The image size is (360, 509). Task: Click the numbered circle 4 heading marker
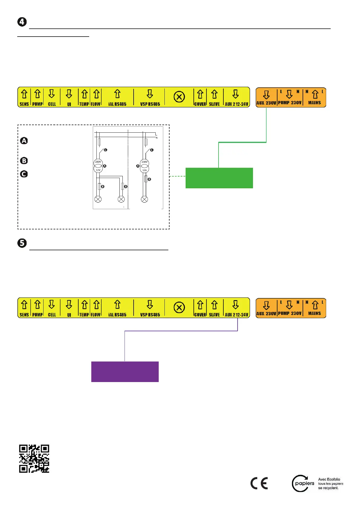click(x=22, y=22)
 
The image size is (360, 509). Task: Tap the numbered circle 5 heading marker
click(x=22, y=243)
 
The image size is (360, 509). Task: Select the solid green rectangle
click(x=219, y=178)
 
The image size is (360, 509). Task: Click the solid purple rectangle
click(x=125, y=372)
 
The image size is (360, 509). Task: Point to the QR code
click(x=34, y=459)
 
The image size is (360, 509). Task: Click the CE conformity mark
click(x=259, y=483)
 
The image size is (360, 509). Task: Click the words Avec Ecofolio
click(x=329, y=479)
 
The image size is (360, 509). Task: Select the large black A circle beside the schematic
click(x=24, y=141)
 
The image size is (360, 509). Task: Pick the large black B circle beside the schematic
click(x=24, y=161)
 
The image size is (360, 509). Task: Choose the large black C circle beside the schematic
click(x=24, y=174)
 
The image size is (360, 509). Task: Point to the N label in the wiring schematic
click(x=157, y=138)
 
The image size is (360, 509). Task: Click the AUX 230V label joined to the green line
click(x=266, y=103)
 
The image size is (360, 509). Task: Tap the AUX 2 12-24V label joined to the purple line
click(x=236, y=315)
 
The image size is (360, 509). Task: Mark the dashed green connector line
click(x=177, y=176)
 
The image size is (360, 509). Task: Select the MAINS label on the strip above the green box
click(x=314, y=103)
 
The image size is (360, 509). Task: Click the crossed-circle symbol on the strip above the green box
click(x=179, y=97)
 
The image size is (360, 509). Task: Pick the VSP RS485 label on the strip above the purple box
click(x=150, y=315)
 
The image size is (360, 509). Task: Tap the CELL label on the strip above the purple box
click(x=52, y=315)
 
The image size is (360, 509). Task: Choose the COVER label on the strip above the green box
click(x=200, y=104)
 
